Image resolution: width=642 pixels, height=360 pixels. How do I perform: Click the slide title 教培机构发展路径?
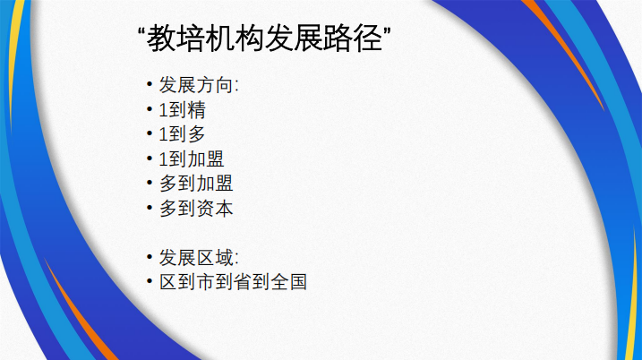point(264,39)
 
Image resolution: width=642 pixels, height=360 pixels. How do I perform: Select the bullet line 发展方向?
point(199,85)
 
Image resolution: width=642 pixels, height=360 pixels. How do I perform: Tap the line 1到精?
point(182,110)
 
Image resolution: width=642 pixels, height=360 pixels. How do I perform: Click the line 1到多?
point(182,134)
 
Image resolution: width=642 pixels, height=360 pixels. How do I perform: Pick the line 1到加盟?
point(192,159)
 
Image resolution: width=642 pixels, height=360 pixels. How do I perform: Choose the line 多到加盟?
point(196,184)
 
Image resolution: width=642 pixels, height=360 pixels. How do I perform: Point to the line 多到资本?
point(196,209)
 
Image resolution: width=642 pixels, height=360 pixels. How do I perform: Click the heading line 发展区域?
point(199,258)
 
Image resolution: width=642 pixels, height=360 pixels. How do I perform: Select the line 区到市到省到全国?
point(233,282)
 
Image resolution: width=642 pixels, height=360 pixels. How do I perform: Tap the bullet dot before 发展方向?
point(149,85)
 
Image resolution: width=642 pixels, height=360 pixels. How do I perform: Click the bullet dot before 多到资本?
point(149,208)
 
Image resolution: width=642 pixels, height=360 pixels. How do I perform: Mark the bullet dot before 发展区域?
point(149,257)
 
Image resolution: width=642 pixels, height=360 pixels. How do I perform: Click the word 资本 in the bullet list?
point(215,209)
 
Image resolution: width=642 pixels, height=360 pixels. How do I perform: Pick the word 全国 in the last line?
point(289,282)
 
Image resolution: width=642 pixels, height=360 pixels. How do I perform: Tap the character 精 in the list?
point(196,110)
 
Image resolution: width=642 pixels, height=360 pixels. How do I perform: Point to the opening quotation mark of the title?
point(141,31)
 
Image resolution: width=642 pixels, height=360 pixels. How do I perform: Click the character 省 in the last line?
point(243,282)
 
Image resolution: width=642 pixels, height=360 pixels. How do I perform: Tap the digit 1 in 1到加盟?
point(163,159)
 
